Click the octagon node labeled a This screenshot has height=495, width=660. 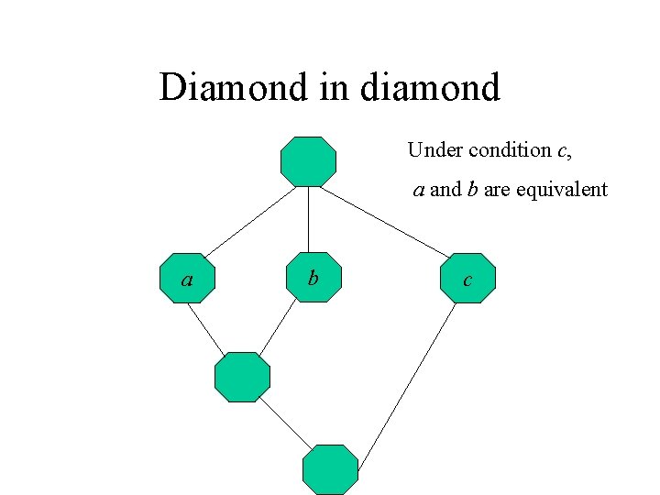point(187,278)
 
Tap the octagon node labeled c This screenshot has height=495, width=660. point(467,279)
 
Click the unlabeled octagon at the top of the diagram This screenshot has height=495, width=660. point(308,161)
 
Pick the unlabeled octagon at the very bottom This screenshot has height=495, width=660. point(330,469)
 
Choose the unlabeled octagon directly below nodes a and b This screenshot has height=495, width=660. point(242,377)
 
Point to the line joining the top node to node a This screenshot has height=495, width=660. point(247,221)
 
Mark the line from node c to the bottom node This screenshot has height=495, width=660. point(406,383)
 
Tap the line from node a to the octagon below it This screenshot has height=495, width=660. point(207,328)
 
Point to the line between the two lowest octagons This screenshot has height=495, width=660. point(286,424)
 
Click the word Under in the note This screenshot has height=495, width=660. point(434,149)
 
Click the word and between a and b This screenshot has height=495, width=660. point(445,190)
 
